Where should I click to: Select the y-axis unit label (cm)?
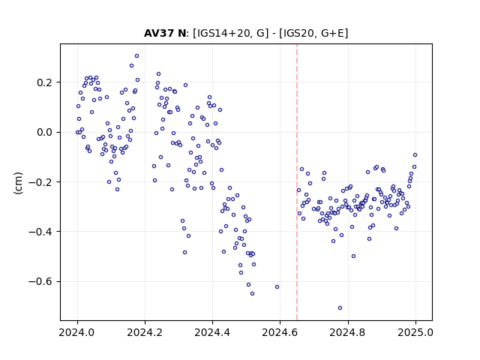18,183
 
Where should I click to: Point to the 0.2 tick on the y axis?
45,82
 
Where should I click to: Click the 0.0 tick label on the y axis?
45,132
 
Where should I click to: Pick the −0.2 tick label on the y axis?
41,181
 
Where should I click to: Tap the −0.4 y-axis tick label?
41,232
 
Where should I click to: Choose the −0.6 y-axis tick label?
41,281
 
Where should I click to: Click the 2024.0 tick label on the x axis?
77,332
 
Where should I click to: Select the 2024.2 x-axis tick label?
145,332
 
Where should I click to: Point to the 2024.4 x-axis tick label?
212,332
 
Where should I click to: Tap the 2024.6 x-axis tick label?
280,332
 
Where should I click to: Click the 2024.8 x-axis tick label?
348,332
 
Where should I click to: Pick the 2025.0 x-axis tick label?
415,332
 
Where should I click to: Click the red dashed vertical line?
297,182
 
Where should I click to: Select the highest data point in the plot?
136,56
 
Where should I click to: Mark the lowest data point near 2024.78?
340,308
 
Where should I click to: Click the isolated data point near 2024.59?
277,286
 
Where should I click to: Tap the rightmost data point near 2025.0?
415,155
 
